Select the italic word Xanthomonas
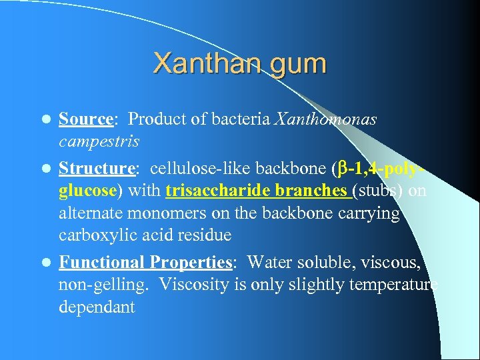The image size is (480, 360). pos(325,119)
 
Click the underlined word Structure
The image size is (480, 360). pos(96,167)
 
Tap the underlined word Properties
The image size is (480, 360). pos(191,262)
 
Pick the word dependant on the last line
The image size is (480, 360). pos(97,307)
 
